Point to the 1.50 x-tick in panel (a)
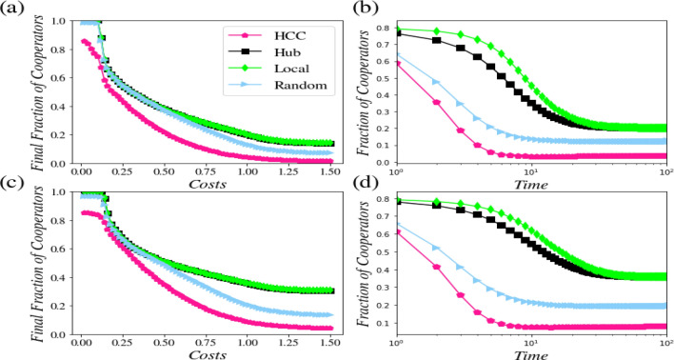click(x=330, y=171)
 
